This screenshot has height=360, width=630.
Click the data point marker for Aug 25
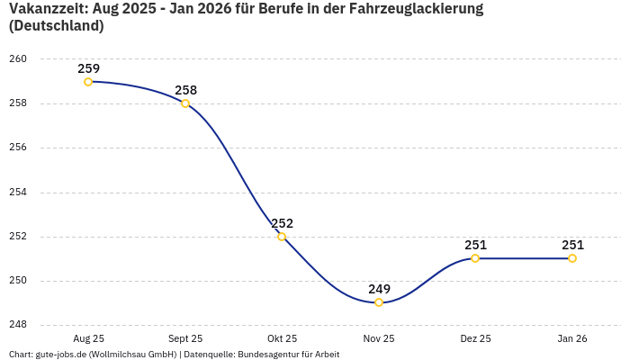point(88,82)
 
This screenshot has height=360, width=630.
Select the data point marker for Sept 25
point(185,103)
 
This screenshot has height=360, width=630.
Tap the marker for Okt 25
point(282,237)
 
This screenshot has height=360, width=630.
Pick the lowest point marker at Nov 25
point(379,302)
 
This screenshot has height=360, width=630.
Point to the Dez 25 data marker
point(475,258)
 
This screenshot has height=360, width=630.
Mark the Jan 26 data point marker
point(572,258)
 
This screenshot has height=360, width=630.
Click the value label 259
point(88,68)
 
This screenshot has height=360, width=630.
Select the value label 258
point(185,90)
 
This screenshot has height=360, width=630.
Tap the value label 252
point(282,223)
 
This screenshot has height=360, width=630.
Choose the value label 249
point(379,289)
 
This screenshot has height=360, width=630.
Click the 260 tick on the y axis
point(18,59)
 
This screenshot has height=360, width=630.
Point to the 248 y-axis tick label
point(18,325)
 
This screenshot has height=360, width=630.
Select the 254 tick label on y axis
point(18,192)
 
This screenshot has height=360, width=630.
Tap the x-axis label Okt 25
point(282,339)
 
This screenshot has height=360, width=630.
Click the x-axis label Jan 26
point(572,339)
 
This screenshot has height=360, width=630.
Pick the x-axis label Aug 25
point(88,339)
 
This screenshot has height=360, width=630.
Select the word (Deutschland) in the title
point(56,26)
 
